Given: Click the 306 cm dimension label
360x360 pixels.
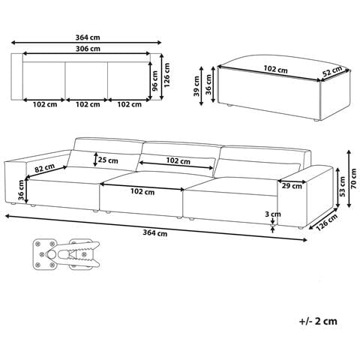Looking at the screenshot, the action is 88,49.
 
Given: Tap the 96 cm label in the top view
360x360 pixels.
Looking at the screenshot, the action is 154,81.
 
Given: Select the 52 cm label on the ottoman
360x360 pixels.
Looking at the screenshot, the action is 332,71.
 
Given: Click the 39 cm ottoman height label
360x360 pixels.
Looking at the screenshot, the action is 196,86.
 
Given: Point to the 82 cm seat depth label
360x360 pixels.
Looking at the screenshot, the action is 44,168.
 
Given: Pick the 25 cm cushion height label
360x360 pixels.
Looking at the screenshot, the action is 108,160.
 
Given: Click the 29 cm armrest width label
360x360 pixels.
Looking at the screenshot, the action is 292,186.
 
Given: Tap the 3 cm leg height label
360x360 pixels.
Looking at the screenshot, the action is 273,214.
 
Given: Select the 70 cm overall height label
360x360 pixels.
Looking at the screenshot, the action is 353,178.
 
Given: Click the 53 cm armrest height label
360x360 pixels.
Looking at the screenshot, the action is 343,187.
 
